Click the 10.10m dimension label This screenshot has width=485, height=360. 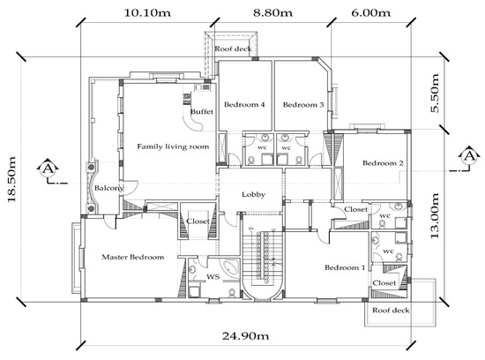point(147,13)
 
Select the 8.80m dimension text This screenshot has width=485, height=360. point(272,13)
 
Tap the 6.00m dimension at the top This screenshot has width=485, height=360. point(371,13)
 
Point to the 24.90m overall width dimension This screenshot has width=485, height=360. point(245,336)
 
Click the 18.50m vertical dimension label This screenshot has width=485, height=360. point(11,179)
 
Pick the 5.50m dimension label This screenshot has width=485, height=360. point(435,94)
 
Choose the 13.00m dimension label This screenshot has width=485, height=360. point(435,216)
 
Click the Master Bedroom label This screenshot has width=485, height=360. point(133,257)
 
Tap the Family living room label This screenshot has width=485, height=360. point(173,146)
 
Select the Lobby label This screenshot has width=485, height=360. point(254,194)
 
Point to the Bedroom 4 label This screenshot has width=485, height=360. point(244,105)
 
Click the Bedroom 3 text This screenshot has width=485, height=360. point(303,105)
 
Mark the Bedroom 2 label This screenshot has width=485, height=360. point(383,163)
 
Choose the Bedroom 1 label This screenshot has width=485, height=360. point(345,267)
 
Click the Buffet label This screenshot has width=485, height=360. point(202,111)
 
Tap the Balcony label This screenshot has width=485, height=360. point(108,188)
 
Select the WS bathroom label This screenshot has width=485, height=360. point(213,276)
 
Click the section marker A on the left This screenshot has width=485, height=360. point(48,169)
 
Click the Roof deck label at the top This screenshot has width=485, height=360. point(233,49)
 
